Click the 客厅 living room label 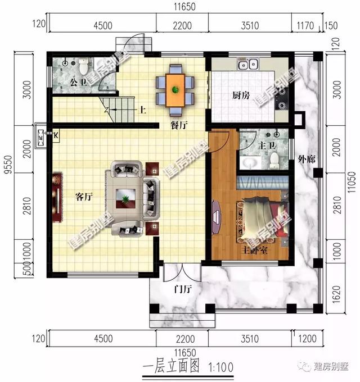[83, 197]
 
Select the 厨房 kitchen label [240, 95]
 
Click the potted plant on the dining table [175, 89]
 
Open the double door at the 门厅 [181, 273]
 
